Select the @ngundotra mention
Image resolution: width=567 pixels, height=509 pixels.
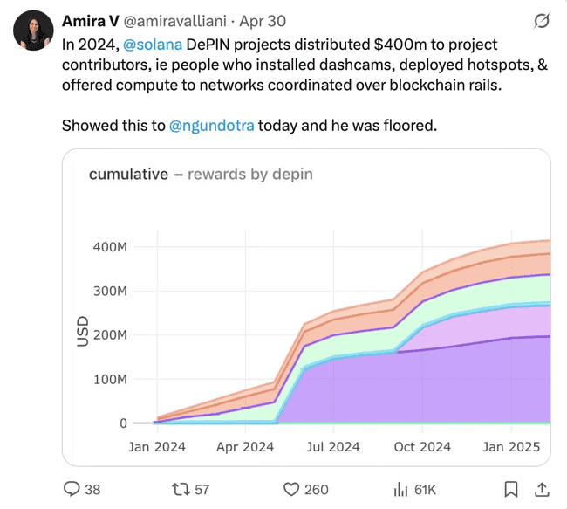tap(212, 126)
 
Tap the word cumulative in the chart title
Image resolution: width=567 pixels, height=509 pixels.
tap(128, 174)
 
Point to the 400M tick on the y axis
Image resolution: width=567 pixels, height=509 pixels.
tap(110, 247)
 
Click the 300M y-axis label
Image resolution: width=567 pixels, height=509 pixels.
tap(110, 291)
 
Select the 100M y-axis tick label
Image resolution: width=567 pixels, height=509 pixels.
tap(110, 380)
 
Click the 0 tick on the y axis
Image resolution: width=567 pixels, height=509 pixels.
tap(123, 423)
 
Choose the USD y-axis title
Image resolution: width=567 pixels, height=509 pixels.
tap(83, 334)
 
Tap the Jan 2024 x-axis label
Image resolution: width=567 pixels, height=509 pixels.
tap(157, 446)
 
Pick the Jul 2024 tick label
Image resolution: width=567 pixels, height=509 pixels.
tap(333, 446)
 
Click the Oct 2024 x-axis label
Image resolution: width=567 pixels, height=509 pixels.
tap(421, 446)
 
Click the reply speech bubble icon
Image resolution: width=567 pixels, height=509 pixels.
tap(72, 489)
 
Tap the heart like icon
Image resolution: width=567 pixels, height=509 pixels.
tap(292, 489)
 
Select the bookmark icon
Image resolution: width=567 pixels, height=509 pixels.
tap(512, 489)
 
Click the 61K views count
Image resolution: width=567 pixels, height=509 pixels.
tap(425, 490)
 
